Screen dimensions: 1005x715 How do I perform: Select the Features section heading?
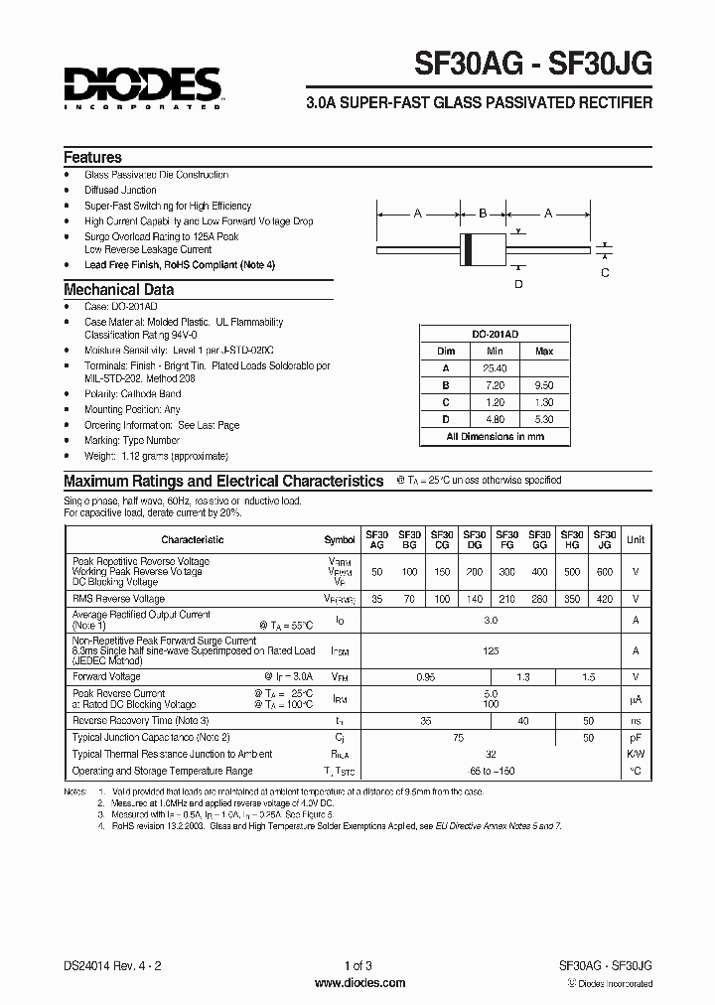click(x=92, y=157)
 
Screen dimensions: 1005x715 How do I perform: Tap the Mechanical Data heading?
click(x=118, y=290)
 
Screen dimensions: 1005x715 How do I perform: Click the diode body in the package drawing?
click(x=483, y=243)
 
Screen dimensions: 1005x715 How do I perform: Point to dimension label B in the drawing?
click(x=483, y=213)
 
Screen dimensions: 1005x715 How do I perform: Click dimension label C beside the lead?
click(x=606, y=272)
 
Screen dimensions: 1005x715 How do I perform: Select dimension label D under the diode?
click(x=517, y=284)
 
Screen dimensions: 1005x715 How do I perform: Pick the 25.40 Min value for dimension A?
click(x=495, y=367)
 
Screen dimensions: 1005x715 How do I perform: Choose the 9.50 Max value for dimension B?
click(x=544, y=384)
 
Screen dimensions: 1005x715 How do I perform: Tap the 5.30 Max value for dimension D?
click(x=544, y=418)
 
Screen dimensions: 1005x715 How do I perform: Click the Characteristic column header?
click(x=193, y=540)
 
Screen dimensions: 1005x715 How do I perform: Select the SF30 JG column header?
click(x=605, y=539)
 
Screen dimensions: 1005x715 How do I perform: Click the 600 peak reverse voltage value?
click(x=605, y=573)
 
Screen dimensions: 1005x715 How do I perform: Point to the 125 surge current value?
click(x=490, y=651)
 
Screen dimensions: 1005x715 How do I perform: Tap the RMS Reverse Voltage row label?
click(x=118, y=599)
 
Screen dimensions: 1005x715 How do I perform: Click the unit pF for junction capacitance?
click(x=636, y=738)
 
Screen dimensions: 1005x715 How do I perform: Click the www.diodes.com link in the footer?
click(x=359, y=983)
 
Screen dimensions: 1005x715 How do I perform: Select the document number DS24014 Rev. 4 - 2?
click(x=111, y=966)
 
